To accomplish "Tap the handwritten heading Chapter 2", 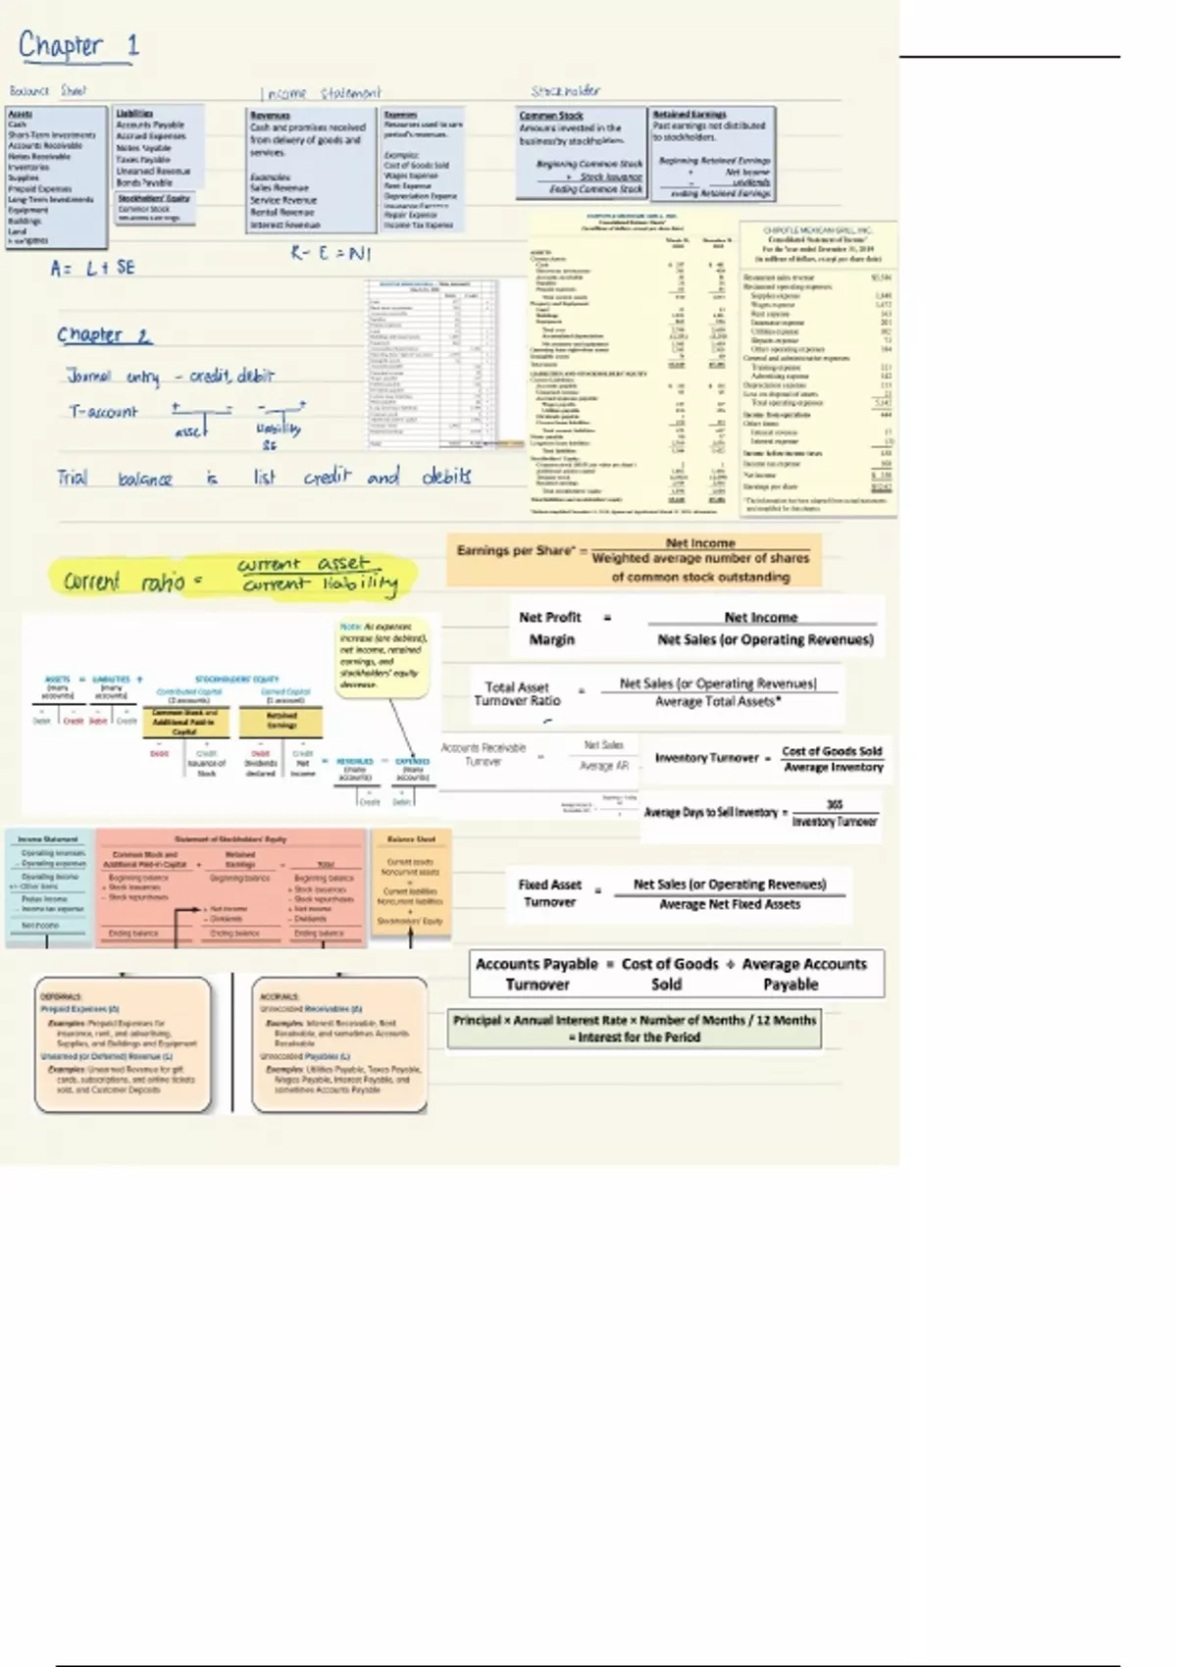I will click(x=104, y=335).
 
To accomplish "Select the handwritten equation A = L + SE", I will click(x=93, y=268).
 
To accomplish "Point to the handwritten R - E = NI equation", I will click(x=331, y=253).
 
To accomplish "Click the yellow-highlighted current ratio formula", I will click(x=232, y=578).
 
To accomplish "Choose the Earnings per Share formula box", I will click(x=634, y=560).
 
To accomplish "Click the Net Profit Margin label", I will click(x=550, y=629).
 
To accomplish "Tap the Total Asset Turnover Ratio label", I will click(x=517, y=693).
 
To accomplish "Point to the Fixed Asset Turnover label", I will click(x=549, y=892).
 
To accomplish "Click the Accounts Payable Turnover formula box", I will click(x=677, y=974).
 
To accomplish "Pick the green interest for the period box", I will click(x=634, y=1028).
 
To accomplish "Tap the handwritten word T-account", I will click(x=103, y=412).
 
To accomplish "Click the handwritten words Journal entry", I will click(x=113, y=377).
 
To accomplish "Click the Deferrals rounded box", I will click(x=123, y=1044).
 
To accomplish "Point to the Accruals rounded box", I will click(x=339, y=1044).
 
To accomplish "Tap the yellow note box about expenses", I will click(x=383, y=656).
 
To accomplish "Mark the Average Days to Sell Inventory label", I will click(x=710, y=812).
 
